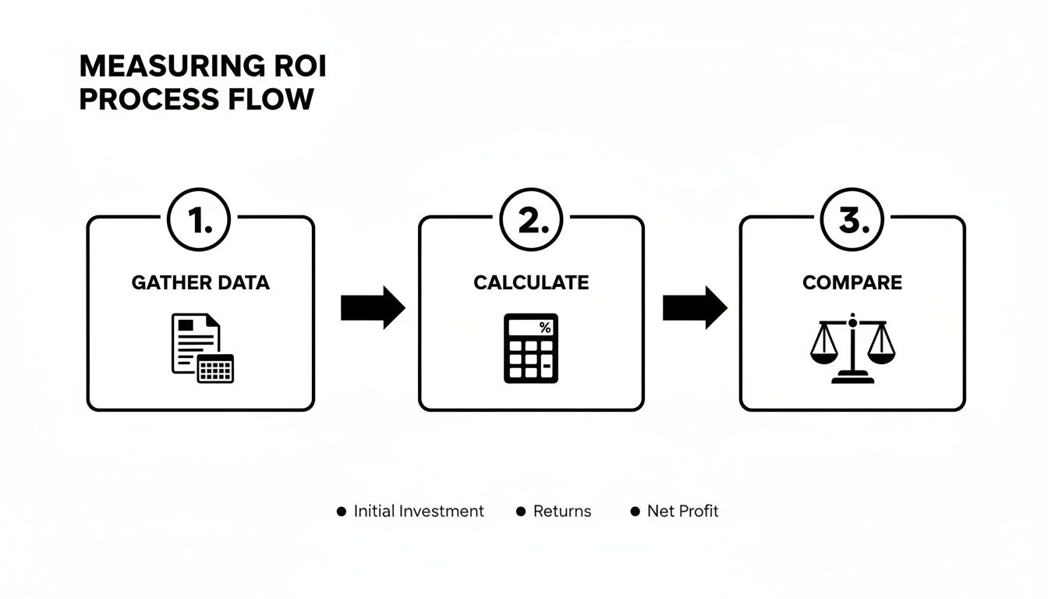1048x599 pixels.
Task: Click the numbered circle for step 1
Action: pos(200,223)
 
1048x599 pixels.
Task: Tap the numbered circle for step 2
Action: pos(530,223)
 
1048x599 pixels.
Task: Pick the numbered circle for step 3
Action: pos(851,223)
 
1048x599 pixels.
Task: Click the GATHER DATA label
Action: pos(200,282)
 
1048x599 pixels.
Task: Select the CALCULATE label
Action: pos(531,282)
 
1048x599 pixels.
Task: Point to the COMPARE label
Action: pos(851,282)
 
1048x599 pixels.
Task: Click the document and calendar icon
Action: pos(202,348)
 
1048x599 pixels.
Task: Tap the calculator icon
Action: pos(531,348)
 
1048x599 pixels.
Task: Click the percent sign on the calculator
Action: pos(544,328)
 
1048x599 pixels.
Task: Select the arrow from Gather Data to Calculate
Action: pos(373,308)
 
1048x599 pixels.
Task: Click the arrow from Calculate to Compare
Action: pos(695,308)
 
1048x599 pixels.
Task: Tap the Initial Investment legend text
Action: pos(419,512)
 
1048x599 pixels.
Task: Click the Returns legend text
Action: pos(562,512)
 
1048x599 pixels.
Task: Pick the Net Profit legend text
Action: pos(683,512)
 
